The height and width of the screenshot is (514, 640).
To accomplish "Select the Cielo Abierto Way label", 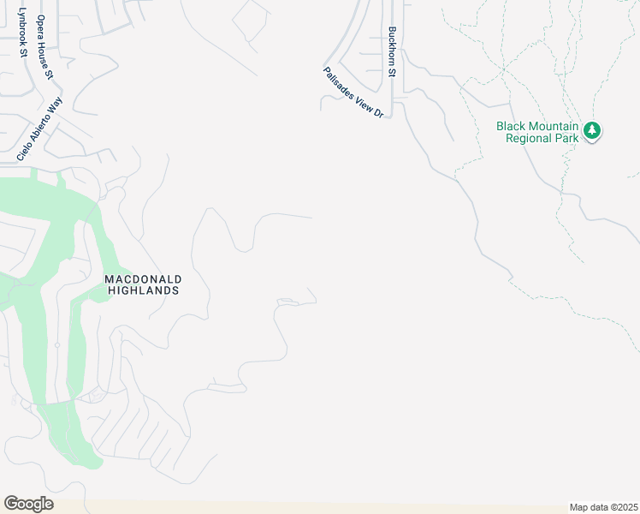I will coord(40,129).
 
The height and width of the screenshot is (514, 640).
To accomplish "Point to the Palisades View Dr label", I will coord(353,93).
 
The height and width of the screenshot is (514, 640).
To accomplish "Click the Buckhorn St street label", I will coord(391,51).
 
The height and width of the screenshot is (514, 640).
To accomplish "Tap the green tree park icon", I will coord(592,131).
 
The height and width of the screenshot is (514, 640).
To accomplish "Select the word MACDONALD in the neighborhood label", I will coord(143,279).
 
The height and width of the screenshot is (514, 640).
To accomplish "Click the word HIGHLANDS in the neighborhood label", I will coord(143,290).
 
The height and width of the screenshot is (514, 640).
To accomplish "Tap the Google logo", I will coord(28,504).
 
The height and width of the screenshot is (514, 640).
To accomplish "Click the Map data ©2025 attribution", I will coord(603,507).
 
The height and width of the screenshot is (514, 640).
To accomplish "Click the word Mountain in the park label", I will coord(549,126).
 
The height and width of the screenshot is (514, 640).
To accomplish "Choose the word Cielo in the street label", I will coord(25,151).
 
